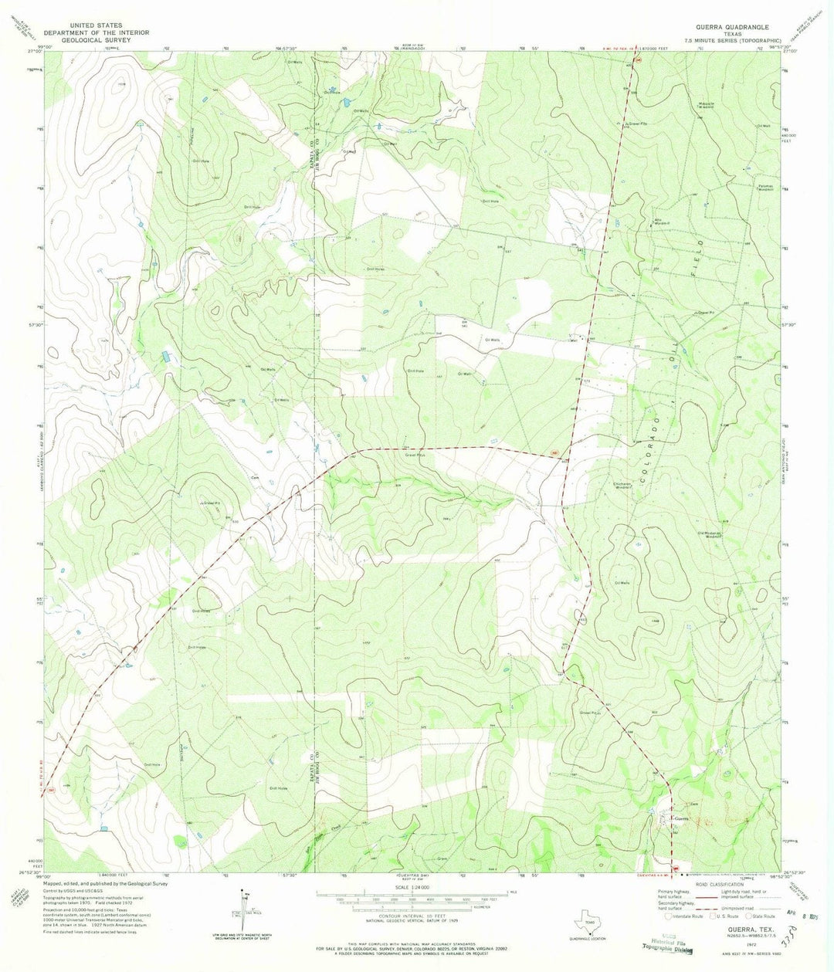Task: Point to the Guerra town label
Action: coord(680,819)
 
